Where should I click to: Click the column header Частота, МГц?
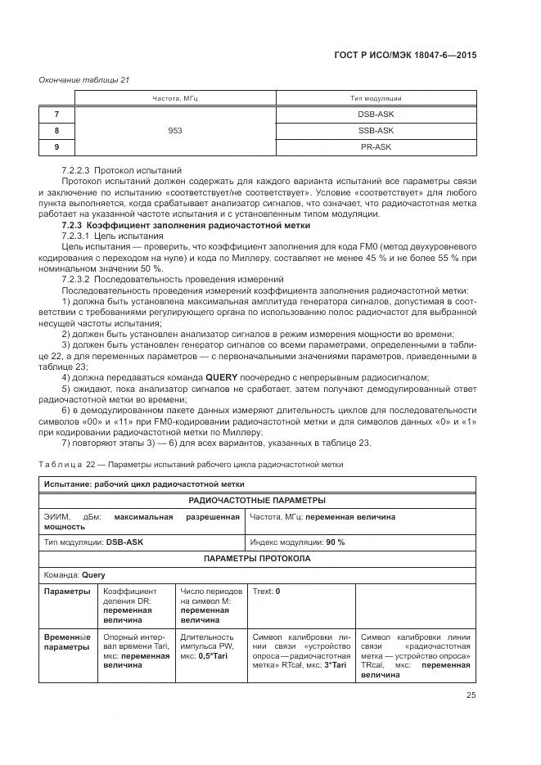tap(175, 98)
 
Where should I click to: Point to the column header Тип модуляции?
tap(376, 98)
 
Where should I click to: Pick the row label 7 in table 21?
tap(56, 114)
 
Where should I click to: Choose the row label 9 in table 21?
tap(56, 146)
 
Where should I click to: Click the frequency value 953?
tap(175, 130)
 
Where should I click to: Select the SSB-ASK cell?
tap(376, 130)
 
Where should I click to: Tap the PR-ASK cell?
tap(376, 146)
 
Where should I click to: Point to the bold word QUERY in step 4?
tap(223, 377)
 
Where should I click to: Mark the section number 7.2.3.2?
tap(80, 279)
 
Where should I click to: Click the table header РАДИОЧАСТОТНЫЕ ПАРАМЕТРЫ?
tap(257, 500)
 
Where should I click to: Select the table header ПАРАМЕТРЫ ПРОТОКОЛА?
tap(257, 559)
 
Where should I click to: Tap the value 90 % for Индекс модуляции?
tap(335, 542)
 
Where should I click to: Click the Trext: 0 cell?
tap(267, 591)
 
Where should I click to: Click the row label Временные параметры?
tap(66, 641)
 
